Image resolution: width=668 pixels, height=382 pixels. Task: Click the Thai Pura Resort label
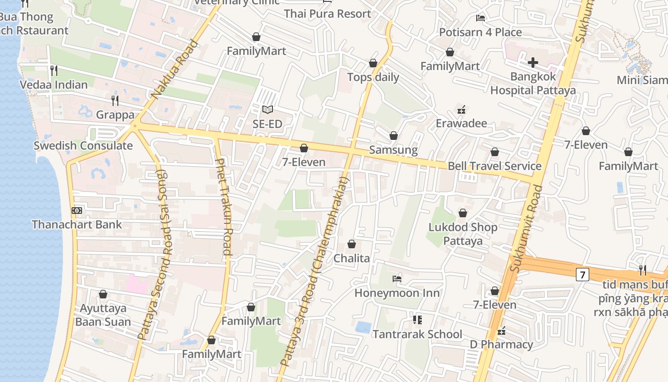point(327,14)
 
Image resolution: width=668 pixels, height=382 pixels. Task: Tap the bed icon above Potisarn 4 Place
point(480,18)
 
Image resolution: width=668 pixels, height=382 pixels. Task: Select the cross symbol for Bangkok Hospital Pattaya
point(533,63)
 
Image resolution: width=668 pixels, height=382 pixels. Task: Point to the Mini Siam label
point(642,80)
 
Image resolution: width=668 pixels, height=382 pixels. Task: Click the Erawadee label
point(461,123)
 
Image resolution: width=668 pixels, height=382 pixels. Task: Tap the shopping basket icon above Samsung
point(394,136)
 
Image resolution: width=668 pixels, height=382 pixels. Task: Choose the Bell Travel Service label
point(494,166)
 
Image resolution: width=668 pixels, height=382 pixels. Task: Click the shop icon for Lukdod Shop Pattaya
point(462,213)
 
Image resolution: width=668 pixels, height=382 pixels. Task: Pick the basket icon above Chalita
point(352,244)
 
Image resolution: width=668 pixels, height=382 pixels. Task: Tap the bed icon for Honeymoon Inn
point(397,279)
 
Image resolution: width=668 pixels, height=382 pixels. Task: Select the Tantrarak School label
point(417,334)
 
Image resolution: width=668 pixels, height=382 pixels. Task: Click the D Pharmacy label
point(501,344)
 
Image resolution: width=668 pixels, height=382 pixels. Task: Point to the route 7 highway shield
point(582,275)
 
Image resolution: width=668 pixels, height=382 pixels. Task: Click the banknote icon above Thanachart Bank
point(76,211)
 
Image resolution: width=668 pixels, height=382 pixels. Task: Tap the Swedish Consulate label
point(83,146)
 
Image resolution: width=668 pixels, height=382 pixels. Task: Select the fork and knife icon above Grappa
point(115,100)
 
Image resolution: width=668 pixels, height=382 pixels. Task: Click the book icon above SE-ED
point(268,110)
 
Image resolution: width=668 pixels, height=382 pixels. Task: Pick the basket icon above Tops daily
point(373,64)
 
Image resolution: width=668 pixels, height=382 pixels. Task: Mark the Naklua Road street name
point(175,70)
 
